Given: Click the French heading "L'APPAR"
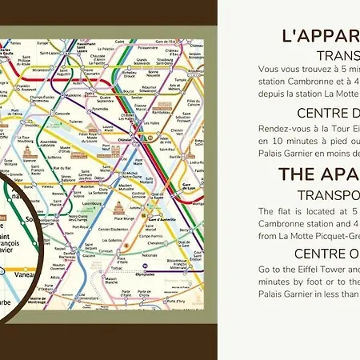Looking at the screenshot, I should (x=321, y=36).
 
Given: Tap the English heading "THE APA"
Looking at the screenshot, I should (x=318, y=174).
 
